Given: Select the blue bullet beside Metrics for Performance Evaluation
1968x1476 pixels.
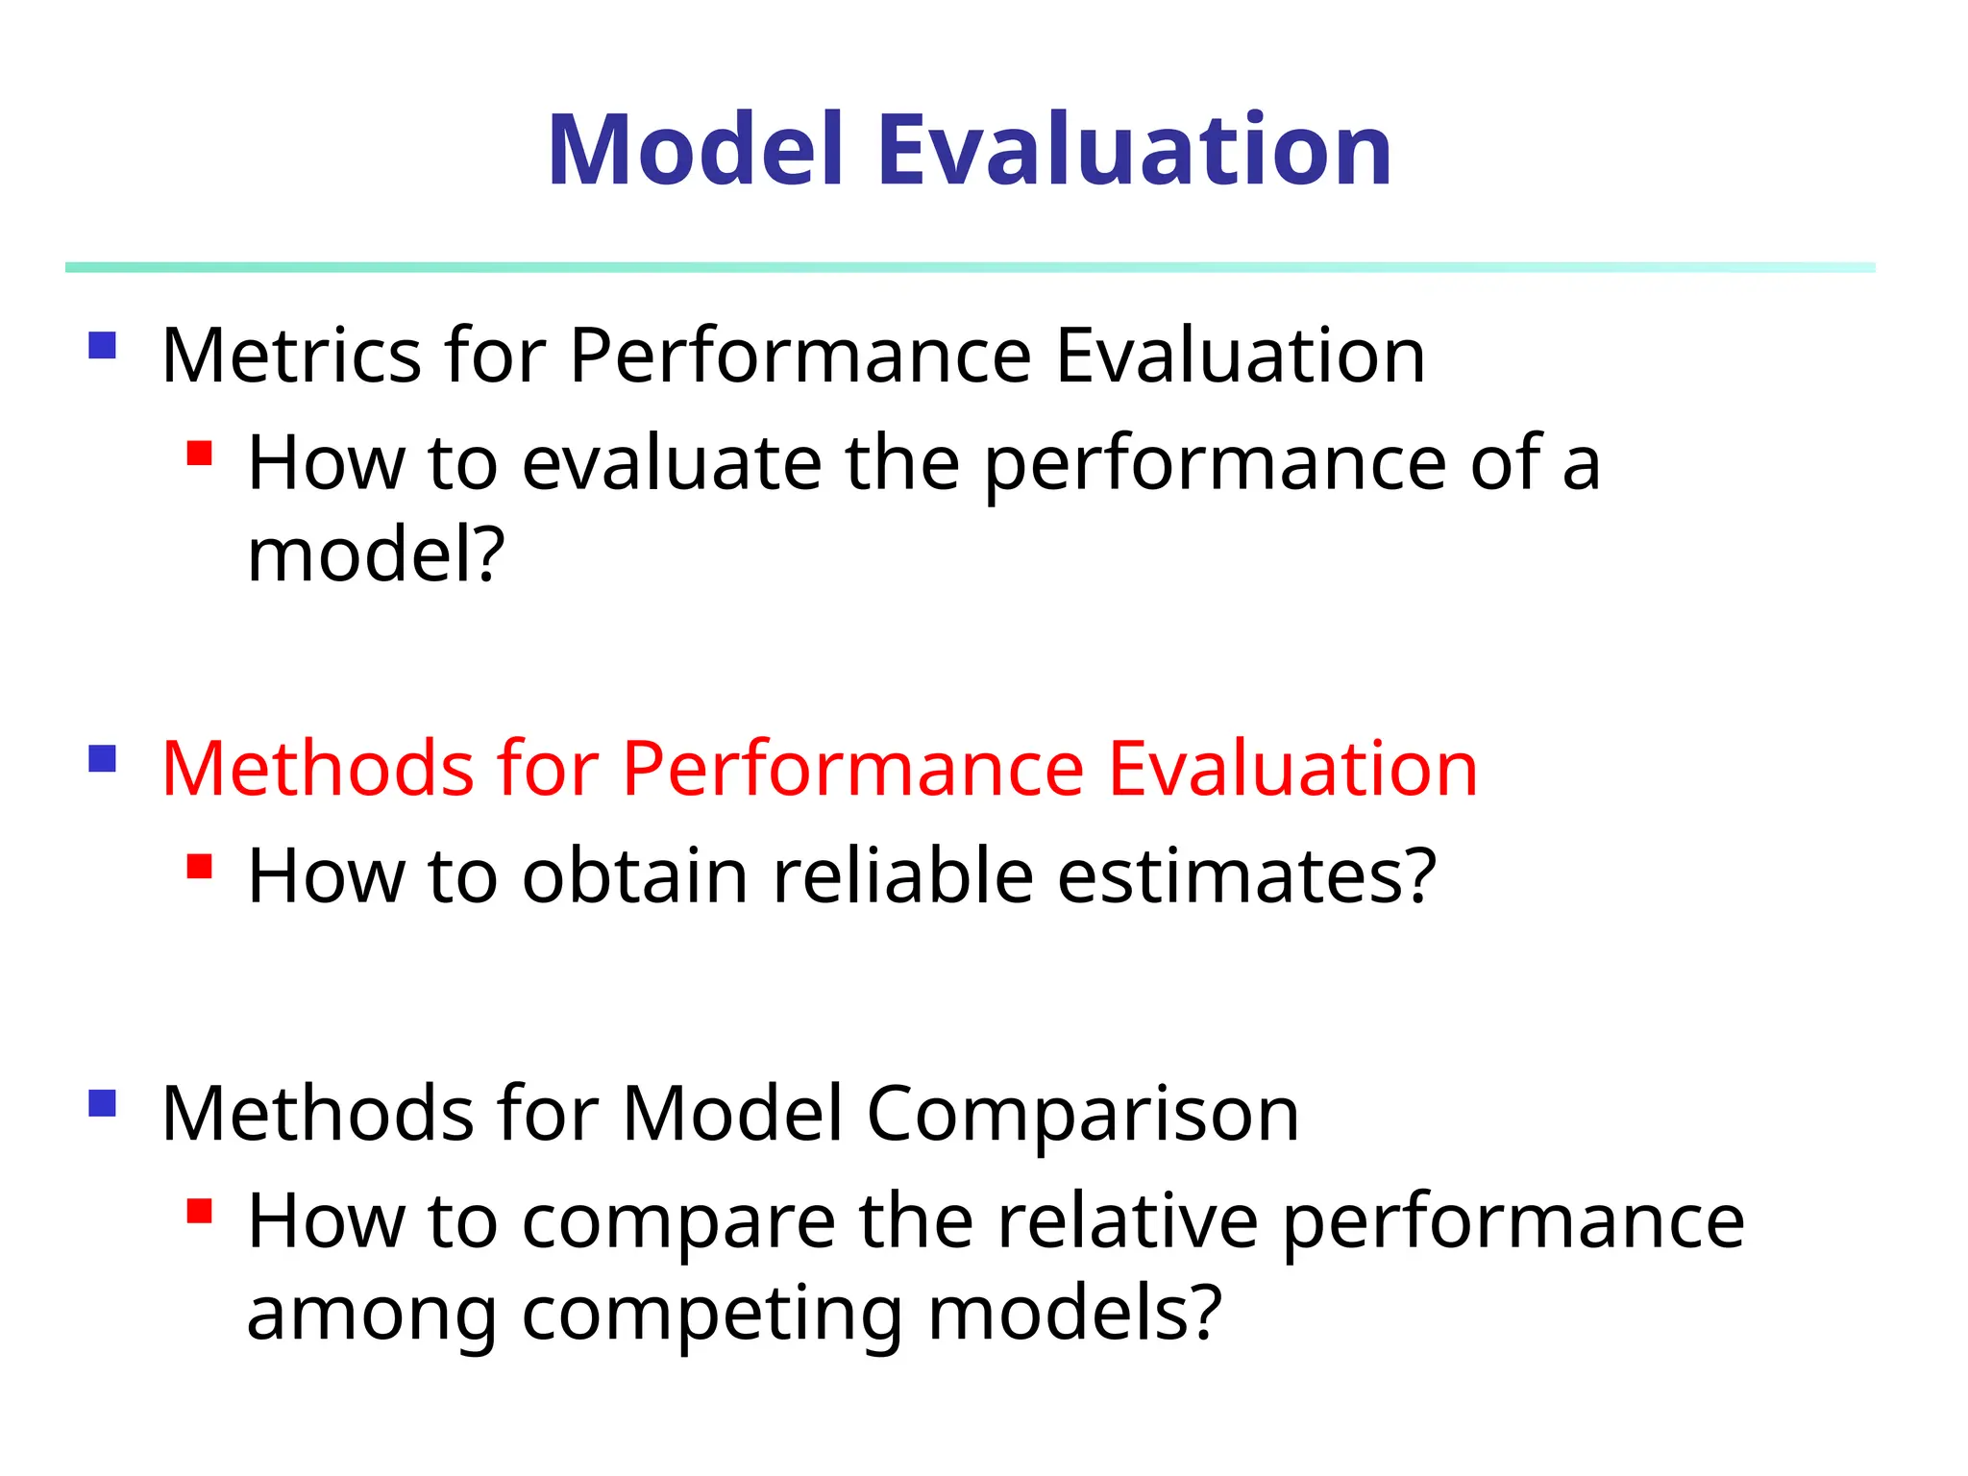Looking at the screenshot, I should point(102,345).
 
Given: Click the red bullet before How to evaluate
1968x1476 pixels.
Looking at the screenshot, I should point(199,453).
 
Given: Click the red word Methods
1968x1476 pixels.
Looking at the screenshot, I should point(317,769).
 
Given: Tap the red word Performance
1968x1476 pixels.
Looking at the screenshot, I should point(853,769).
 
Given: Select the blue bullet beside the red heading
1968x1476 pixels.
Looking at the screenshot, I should point(102,759).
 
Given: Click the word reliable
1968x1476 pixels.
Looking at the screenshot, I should point(902,876).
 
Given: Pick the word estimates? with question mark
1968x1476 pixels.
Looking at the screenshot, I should point(1246,876).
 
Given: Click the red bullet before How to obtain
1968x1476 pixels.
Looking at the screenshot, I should point(199,867).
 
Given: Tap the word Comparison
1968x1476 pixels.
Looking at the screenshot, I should point(1082,1115).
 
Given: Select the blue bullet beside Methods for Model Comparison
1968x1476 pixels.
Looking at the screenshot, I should point(102,1103).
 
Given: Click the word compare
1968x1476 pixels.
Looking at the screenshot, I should point(677,1223).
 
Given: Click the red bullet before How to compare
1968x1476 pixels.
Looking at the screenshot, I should point(199,1211).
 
